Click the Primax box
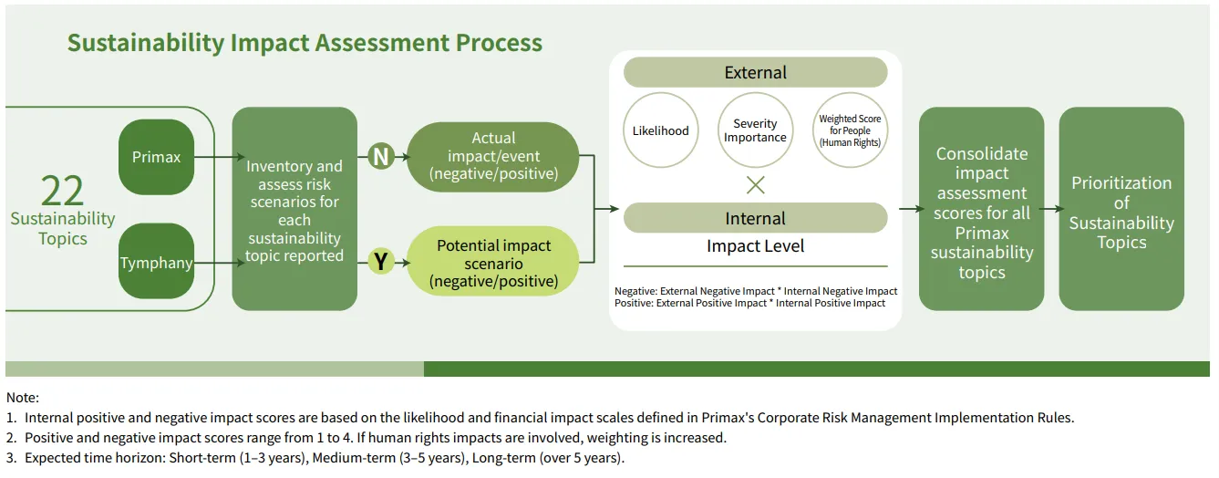pyautogui.click(x=156, y=157)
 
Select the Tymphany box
pyautogui.click(x=156, y=264)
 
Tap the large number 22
pyautogui.click(x=62, y=191)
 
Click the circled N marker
pyautogui.click(x=381, y=157)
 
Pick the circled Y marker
pyautogui.click(x=381, y=263)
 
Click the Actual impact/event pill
pyautogui.click(x=493, y=156)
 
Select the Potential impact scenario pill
pyautogui.click(x=493, y=263)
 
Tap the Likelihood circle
pyautogui.click(x=661, y=130)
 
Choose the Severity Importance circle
pyautogui.click(x=755, y=130)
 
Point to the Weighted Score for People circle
pyautogui.click(x=850, y=130)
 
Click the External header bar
pyautogui.click(x=755, y=72)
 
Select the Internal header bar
pyautogui.click(x=755, y=218)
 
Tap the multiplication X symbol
pyautogui.click(x=755, y=185)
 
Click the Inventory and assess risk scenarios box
pyautogui.click(x=294, y=210)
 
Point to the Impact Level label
pyautogui.click(x=755, y=246)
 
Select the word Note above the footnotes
pyautogui.click(x=21, y=398)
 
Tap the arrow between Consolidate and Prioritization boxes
pyautogui.click(x=1051, y=209)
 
